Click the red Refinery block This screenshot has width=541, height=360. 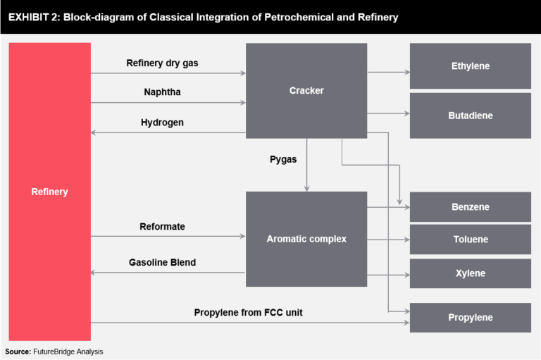pyautogui.click(x=49, y=192)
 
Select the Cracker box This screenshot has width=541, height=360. pyautogui.click(x=306, y=90)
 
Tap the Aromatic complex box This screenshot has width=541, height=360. pyautogui.click(x=306, y=239)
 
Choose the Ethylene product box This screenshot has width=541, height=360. pyautogui.click(x=470, y=66)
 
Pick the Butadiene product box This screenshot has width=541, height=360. pyautogui.click(x=470, y=116)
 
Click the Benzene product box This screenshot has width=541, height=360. pyautogui.click(x=470, y=207)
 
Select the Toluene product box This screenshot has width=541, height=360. pyautogui.click(x=470, y=240)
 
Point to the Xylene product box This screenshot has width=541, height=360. pyautogui.click(x=470, y=273)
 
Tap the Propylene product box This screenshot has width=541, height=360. pyautogui.click(x=470, y=318)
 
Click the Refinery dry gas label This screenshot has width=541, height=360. pyautogui.click(x=162, y=63)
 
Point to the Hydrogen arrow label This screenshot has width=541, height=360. pyautogui.click(x=162, y=122)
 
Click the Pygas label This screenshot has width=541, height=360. pyautogui.click(x=283, y=159)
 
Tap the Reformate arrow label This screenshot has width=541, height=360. pyautogui.click(x=162, y=226)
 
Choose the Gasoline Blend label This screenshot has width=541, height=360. pyautogui.click(x=162, y=262)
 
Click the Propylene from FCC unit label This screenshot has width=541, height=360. pyautogui.click(x=248, y=312)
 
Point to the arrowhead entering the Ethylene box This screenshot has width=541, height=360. pyautogui.click(x=406, y=72)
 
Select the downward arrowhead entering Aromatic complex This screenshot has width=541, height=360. pyautogui.click(x=306, y=188)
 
